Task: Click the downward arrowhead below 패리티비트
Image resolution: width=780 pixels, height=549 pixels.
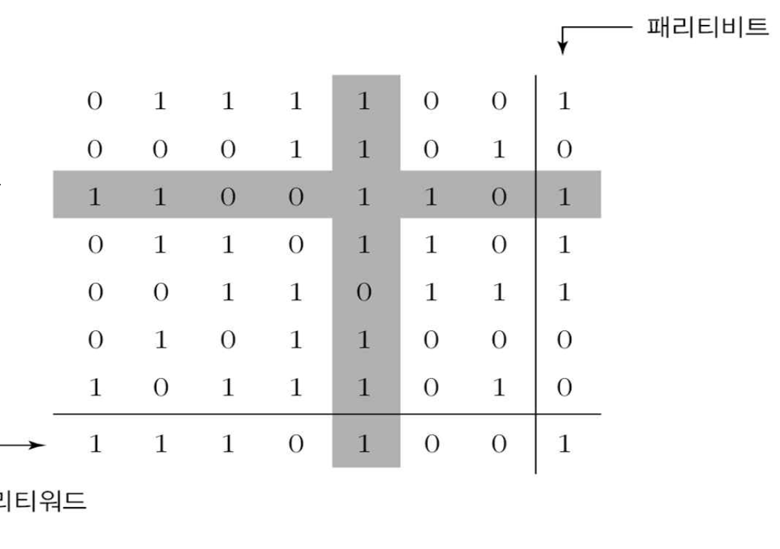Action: click(563, 48)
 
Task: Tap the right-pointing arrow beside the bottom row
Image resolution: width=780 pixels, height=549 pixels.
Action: click(23, 445)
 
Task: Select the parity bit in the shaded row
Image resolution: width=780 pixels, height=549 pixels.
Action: click(564, 197)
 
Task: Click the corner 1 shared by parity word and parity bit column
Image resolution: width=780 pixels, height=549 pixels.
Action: click(564, 443)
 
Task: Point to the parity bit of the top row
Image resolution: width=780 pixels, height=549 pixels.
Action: click(564, 102)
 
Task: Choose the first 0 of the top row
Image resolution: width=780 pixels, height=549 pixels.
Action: click(95, 102)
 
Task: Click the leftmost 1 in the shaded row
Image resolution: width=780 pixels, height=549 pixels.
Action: click(95, 197)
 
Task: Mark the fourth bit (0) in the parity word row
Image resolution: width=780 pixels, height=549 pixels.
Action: click(296, 443)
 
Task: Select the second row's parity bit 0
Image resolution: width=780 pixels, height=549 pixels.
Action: click(564, 150)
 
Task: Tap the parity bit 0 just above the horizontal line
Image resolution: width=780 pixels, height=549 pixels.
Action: click(564, 388)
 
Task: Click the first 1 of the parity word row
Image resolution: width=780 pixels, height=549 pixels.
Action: click(95, 443)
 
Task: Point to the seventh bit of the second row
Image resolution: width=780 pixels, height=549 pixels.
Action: click(498, 150)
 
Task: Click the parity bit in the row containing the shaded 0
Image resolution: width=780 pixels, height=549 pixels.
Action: click(564, 292)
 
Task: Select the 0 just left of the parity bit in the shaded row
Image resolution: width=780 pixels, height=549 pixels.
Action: click(498, 197)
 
